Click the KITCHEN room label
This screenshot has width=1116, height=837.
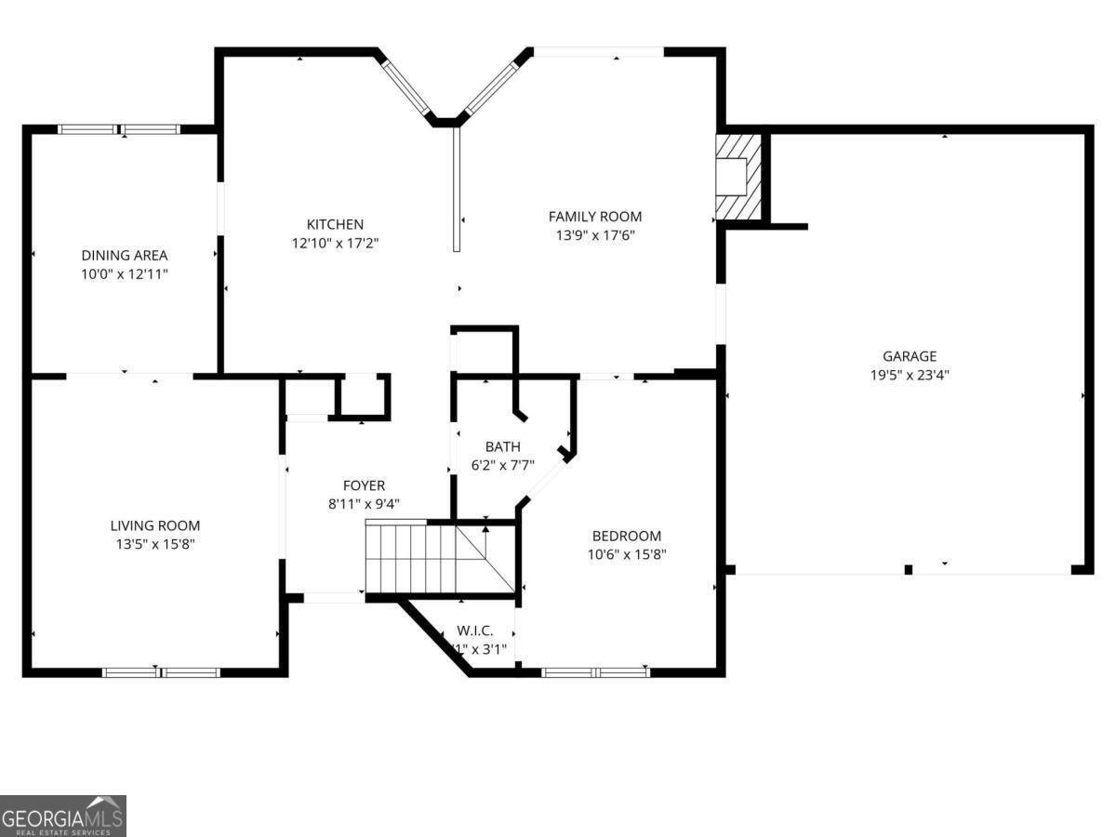(335, 224)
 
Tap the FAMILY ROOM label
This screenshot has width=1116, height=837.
(594, 217)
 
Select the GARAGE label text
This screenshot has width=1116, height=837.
(909, 356)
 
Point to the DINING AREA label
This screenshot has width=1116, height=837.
(124, 256)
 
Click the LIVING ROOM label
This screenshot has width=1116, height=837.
(154, 525)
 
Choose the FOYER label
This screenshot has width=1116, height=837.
(364, 485)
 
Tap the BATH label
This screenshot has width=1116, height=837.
(502, 447)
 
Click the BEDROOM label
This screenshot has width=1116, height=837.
(626, 536)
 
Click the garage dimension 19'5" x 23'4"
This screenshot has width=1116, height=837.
(909, 376)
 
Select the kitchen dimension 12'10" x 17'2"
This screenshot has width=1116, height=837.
(335, 243)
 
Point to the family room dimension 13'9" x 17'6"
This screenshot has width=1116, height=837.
(594, 235)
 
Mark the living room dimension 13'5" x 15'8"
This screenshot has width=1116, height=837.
(154, 544)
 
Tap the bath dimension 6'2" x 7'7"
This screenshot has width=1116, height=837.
(502, 466)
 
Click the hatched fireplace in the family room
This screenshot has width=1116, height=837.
(738, 177)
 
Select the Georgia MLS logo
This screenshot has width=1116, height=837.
(62, 816)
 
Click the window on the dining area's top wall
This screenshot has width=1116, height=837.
(119, 129)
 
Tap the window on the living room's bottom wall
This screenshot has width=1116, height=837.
(161, 671)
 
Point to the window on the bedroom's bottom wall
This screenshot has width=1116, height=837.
(595, 671)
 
